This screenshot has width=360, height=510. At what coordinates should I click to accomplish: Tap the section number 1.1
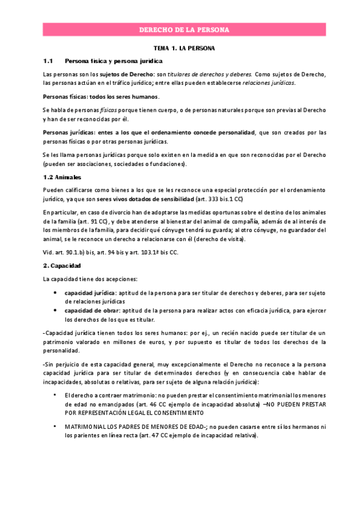(49, 61)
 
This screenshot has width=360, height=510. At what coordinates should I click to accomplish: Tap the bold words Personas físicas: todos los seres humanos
(101, 96)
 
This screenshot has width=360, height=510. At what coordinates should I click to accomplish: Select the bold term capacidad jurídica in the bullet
(90, 293)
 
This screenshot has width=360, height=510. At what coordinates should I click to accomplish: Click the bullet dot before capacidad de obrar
(56, 310)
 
